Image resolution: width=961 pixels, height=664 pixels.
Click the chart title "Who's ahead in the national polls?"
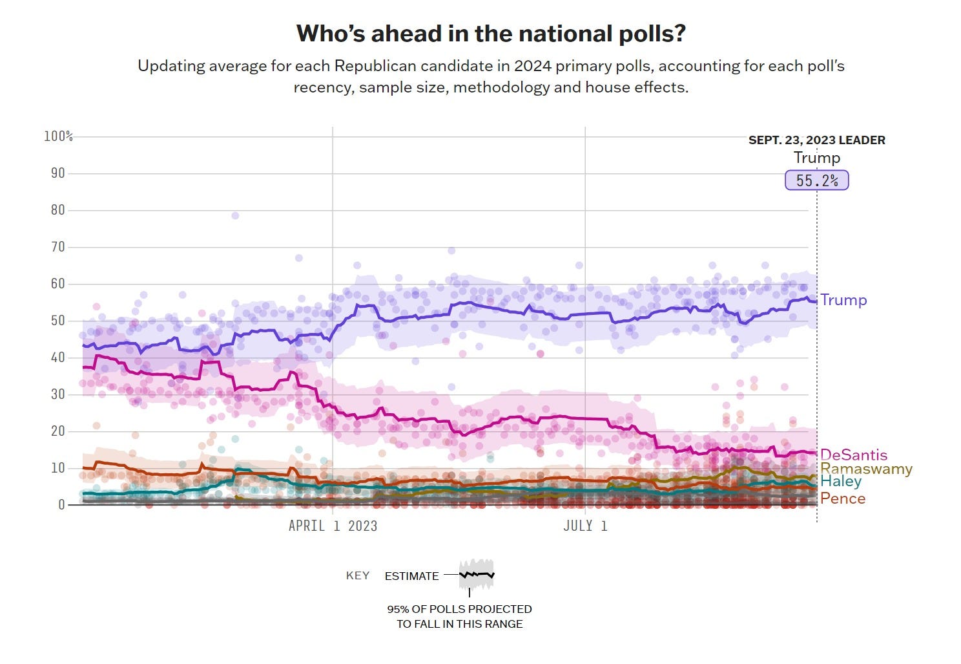point(490,33)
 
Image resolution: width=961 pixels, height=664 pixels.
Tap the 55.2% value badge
point(816,180)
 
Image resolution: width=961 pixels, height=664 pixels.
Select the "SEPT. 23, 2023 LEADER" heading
point(816,140)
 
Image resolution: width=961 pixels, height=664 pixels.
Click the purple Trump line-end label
point(843,300)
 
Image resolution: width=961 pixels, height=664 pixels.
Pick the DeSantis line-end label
point(853,455)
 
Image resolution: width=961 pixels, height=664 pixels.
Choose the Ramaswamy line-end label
point(866,469)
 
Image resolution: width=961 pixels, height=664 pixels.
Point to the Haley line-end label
point(841,482)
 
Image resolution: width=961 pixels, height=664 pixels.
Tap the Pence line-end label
point(843,498)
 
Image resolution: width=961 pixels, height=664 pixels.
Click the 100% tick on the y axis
point(58,136)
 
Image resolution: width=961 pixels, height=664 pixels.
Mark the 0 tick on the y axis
point(61,505)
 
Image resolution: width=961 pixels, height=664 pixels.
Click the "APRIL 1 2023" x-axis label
point(333,526)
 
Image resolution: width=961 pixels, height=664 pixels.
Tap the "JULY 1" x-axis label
point(585,526)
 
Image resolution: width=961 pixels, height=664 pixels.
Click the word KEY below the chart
point(358,575)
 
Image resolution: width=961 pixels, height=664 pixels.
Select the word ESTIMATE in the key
point(411,576)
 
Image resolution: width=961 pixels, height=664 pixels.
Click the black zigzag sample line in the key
point(477,574)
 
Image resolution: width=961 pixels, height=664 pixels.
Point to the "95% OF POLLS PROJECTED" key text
point(459,609)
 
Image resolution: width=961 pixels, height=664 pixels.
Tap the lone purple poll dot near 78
point(235,215)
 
